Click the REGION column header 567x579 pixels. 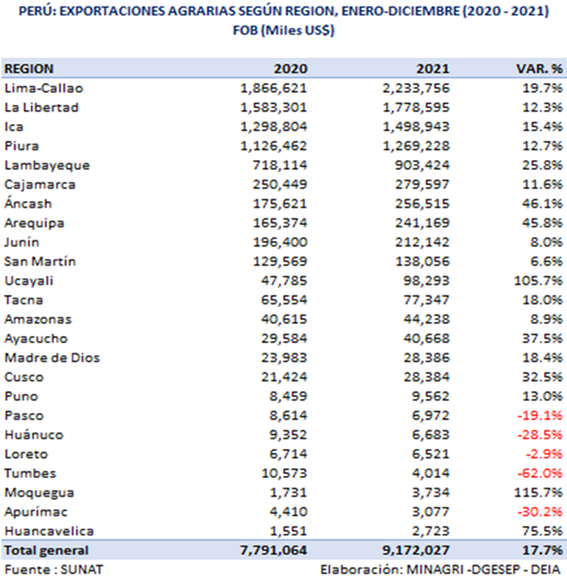(x=30, y=69)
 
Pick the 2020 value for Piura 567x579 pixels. (x=274, y=145)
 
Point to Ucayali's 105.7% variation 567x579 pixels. (x=539, y=280)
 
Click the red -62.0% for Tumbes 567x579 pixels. (x=540, y=473)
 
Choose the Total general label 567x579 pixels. (x=47, y=550)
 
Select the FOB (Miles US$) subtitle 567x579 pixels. (x=283, y=30)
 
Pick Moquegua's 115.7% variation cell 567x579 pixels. (x=539, y=492)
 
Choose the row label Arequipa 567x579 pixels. (x=34, y=223)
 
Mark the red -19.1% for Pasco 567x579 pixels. (x=540, y=416)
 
